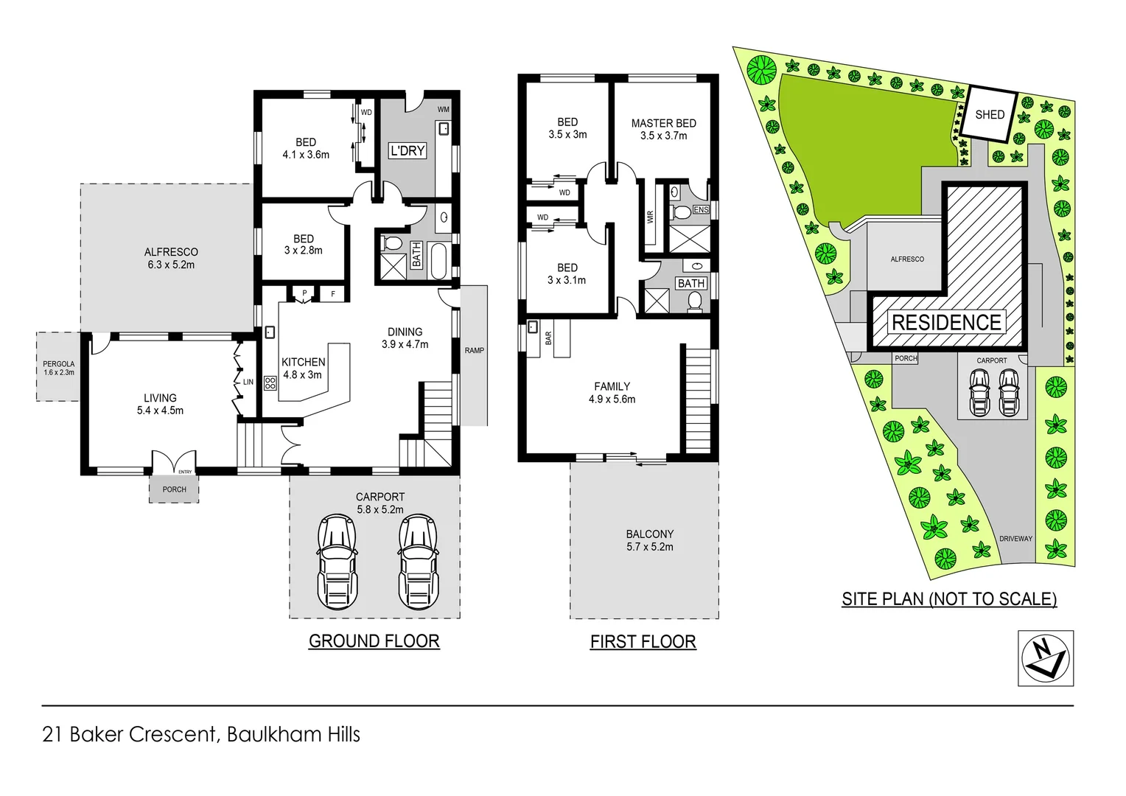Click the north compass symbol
click(x=1046, y=658)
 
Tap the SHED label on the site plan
click(x=989, y=114)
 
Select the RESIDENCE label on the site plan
click(x=946, y=323)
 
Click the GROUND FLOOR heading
click(x=374, y=641)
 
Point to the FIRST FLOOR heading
click(x=643, y=642)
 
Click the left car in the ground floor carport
click(x=338, y=562)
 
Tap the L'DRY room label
click(x=408, y=150)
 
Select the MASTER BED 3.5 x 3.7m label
click(x=663, y=130)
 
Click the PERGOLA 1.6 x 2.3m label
click(x=58, y=368)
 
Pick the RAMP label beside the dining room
click(x=474, y=350)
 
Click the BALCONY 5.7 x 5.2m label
click(x=649, y=540)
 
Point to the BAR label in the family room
click(x=548, y=338)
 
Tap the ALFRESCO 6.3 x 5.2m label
click(x=171, y=258)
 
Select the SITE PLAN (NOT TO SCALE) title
click(x=949, y=599)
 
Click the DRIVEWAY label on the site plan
click(x=1015, y=539)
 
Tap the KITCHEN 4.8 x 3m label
click(x=303, y=368)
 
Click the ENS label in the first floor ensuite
click(x=700, y=210)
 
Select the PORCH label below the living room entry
click(x=174, y=489)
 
